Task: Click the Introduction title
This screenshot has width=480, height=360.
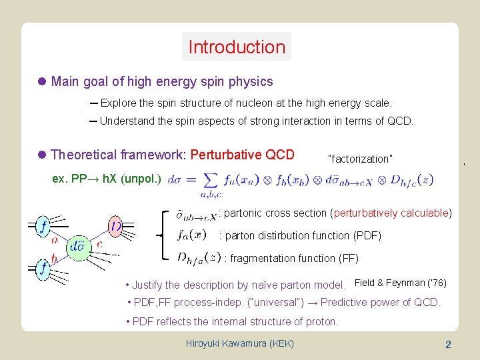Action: (x=237, y=47)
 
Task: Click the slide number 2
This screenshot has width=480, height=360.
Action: (x=448, y=344)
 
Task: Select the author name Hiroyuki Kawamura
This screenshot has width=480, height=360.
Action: (x=241, y=344)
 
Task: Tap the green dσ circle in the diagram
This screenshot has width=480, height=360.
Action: (x=77, y=245)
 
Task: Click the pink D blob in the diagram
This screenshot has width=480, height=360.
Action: (x=116, y=227)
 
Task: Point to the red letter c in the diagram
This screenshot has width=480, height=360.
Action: (x=99, y=243)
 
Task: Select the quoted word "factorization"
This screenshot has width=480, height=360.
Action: (x=360, y=159)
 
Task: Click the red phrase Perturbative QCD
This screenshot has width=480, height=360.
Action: (x=242, y=155)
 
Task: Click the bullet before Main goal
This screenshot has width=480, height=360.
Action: (x=41, y=82)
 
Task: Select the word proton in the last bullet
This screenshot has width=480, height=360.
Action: (x=321, y=321)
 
